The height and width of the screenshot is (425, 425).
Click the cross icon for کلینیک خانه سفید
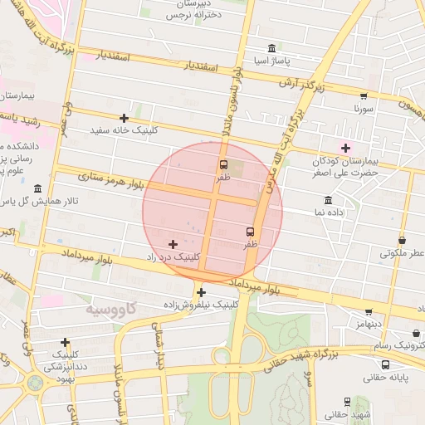[125, 118]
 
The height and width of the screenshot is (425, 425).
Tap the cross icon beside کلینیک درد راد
[173, 244]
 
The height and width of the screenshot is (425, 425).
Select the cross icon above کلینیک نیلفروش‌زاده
[201, 292]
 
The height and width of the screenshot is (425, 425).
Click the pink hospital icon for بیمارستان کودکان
[346, 149]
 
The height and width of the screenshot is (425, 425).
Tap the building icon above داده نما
[329, 201]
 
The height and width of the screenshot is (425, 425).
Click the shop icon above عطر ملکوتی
[403, 240]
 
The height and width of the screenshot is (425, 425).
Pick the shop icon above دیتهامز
[369, 313]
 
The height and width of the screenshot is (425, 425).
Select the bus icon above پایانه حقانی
[385, 364]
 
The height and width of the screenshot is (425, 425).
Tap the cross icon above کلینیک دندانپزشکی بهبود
[65, 342]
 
